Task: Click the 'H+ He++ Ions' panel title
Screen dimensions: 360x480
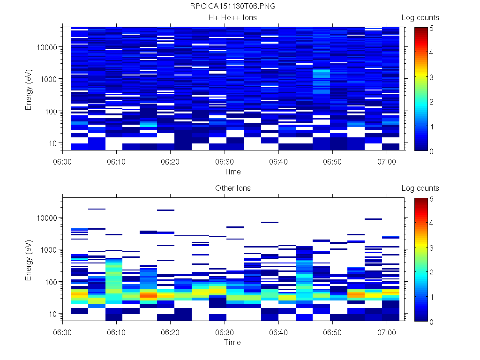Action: [232, 18]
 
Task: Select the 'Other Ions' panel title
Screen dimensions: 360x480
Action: [232, 188]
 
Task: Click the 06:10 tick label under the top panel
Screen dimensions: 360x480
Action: [117, 161]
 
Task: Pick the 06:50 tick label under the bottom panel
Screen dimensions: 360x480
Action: [332, 331]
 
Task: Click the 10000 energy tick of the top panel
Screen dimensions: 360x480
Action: [47, 47]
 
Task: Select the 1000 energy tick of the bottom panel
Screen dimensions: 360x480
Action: [49, 250]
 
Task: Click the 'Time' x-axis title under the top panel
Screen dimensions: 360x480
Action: [232, 172]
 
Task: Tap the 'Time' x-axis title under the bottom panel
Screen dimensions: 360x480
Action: [232, 342]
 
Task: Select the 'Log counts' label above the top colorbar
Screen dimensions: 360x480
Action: [420, 18]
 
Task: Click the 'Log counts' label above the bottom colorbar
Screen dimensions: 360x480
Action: [420, 188]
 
